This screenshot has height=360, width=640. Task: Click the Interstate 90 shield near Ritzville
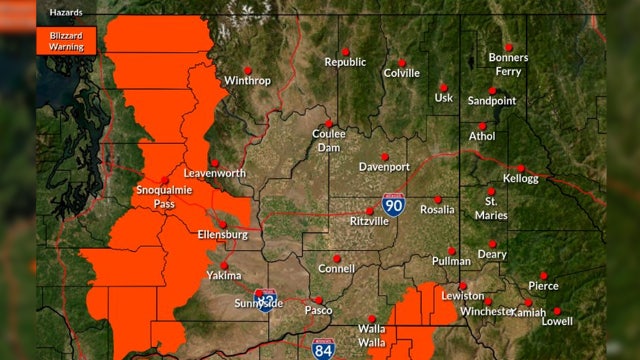coord(395,206)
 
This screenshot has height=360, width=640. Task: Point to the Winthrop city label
coord(247,80)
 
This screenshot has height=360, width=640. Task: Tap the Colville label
coord(402,73)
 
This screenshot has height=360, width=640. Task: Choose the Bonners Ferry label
coord(509,64)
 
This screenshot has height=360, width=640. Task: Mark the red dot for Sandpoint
coord(492,91)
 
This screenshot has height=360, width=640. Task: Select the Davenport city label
coord(385,166)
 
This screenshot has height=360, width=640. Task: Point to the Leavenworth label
coord(215,173)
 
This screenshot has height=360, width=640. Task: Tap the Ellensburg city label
coord(223,234)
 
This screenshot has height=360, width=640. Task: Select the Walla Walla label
coord(372,335)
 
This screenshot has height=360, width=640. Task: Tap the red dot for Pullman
coord(452,250)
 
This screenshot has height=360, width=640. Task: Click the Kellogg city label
coord(520,179)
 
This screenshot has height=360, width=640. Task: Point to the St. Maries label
coord(498,208)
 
